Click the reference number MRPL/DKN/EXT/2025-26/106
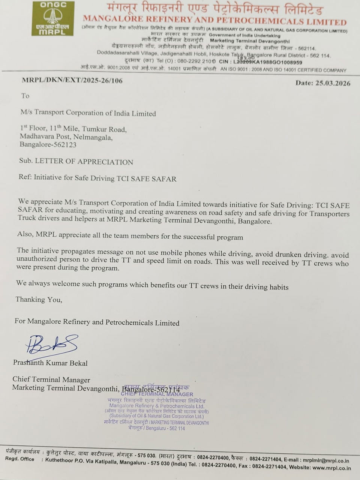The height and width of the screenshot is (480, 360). pos(72,80)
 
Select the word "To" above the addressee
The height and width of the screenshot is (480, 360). pos(25,96)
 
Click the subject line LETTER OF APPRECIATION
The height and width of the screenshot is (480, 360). pos(84,162)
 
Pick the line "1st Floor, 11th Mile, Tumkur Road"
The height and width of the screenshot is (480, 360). pos(73,129)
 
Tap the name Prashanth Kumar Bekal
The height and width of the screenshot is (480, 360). pos(50,363)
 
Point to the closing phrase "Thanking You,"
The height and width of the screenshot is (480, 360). pos(39,300)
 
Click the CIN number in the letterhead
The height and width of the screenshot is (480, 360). pos(267,62)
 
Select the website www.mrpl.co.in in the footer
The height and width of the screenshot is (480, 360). pos(331,468)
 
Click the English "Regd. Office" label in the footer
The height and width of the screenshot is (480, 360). pos(19,459)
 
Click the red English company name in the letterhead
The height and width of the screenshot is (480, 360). pos(214,20)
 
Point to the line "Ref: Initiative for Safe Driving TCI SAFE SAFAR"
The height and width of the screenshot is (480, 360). pos(97,178)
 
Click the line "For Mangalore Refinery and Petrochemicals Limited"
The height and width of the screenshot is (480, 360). pos(97,322)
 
